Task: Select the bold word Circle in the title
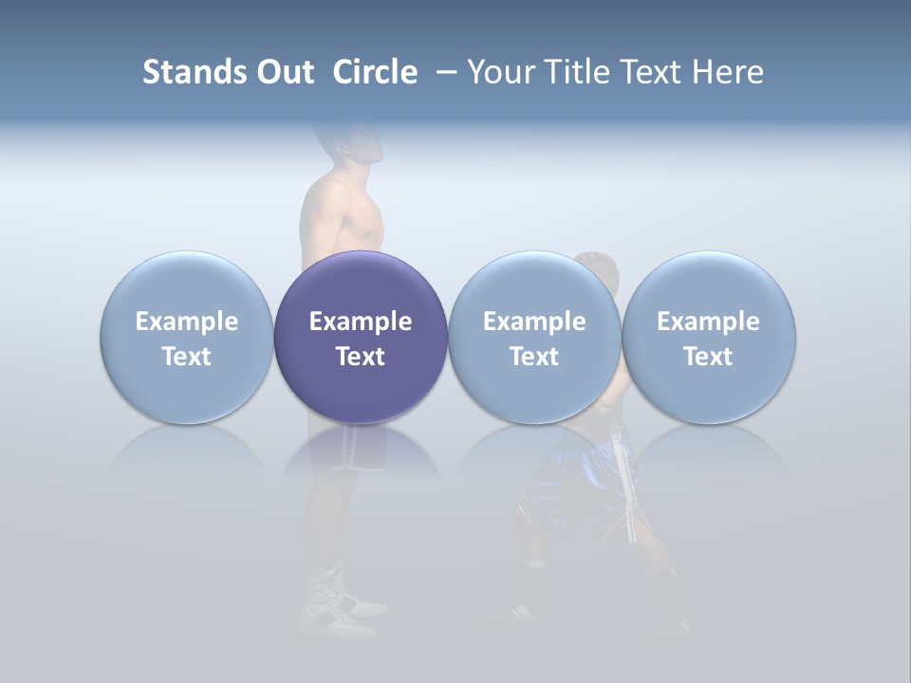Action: [x=375, y=72]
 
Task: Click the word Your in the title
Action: [x=500, y=72]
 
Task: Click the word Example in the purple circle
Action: [x=361, y=322]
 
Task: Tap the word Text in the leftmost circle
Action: [x=186, y=357]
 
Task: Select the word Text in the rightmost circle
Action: [x=708, y=357]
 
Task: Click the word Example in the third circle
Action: [x=534, y=322]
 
